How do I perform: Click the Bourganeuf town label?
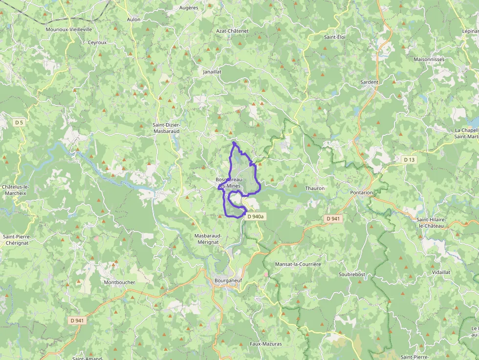229,280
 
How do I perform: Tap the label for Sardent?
370,82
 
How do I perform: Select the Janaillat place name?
212,71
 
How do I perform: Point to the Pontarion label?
361,192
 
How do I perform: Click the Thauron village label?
314,188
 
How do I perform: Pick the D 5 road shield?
19,123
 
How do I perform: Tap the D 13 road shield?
409,160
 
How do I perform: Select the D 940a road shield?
255,216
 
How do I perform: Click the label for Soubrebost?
352,275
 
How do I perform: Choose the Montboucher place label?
119,282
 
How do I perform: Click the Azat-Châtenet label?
232,31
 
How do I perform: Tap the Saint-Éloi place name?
335,37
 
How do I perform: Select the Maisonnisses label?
429,60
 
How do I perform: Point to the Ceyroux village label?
97,42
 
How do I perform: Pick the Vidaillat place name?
441,272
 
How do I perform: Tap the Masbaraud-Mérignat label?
208,239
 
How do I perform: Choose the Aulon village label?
133,20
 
